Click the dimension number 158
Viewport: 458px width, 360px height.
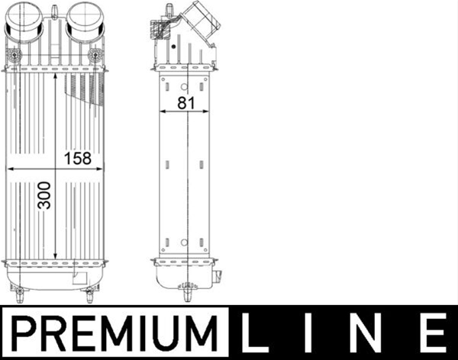[x=78, y=159]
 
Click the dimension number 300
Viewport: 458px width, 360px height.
[x=44, y=195]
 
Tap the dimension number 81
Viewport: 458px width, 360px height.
[x=186, y=103]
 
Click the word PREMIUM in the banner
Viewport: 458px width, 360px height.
[x=114, y=333]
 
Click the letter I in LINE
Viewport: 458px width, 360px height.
[x=308, y=333]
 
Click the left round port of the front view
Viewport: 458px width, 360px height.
[x=24, y=21]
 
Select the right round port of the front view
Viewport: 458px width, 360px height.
[x=85, y=21]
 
